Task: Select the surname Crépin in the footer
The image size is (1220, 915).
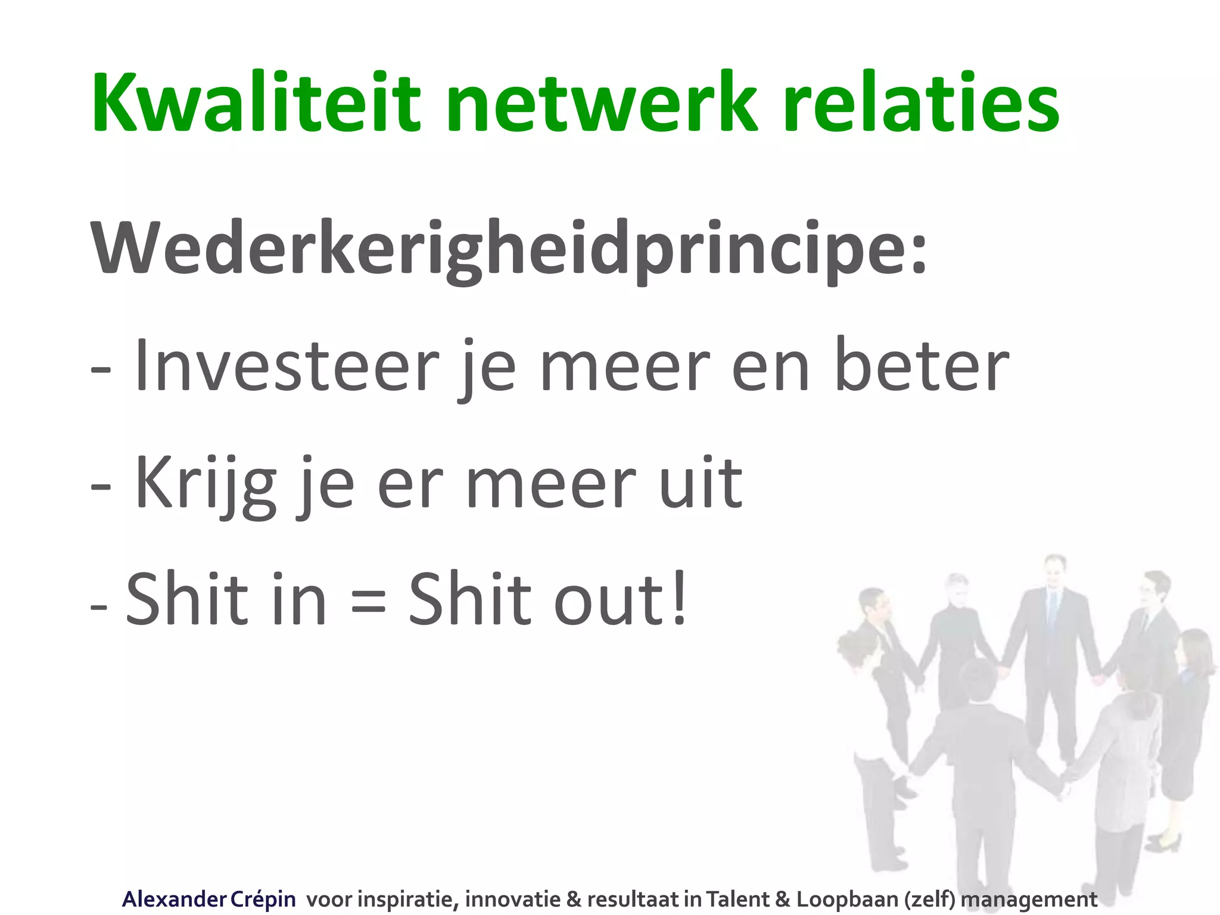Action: [262, 899]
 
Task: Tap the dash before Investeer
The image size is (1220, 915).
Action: [101, 371]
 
